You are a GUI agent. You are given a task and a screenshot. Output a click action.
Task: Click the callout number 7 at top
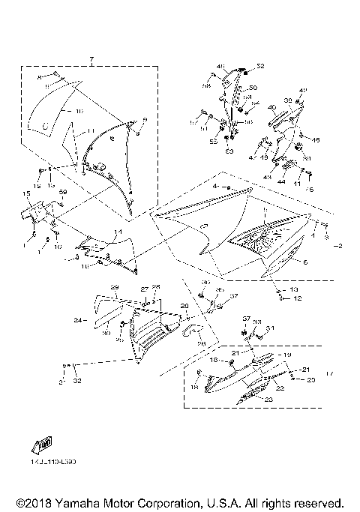click(x=90, y=59)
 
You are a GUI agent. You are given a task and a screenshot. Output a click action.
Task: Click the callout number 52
click(x=261, y=67)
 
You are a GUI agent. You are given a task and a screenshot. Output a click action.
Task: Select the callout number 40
click(x=271, y=108)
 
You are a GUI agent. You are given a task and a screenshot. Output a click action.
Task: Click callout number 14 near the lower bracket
click(x=116, y=232)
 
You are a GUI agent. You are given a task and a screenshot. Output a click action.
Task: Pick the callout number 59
click(x=63, y=193)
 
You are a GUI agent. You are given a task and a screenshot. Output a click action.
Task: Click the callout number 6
click(x=305, y=262)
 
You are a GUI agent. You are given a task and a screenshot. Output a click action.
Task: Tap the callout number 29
click(x=115, y=288)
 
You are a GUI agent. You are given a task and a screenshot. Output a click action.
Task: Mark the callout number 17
click(x=329, y=373)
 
